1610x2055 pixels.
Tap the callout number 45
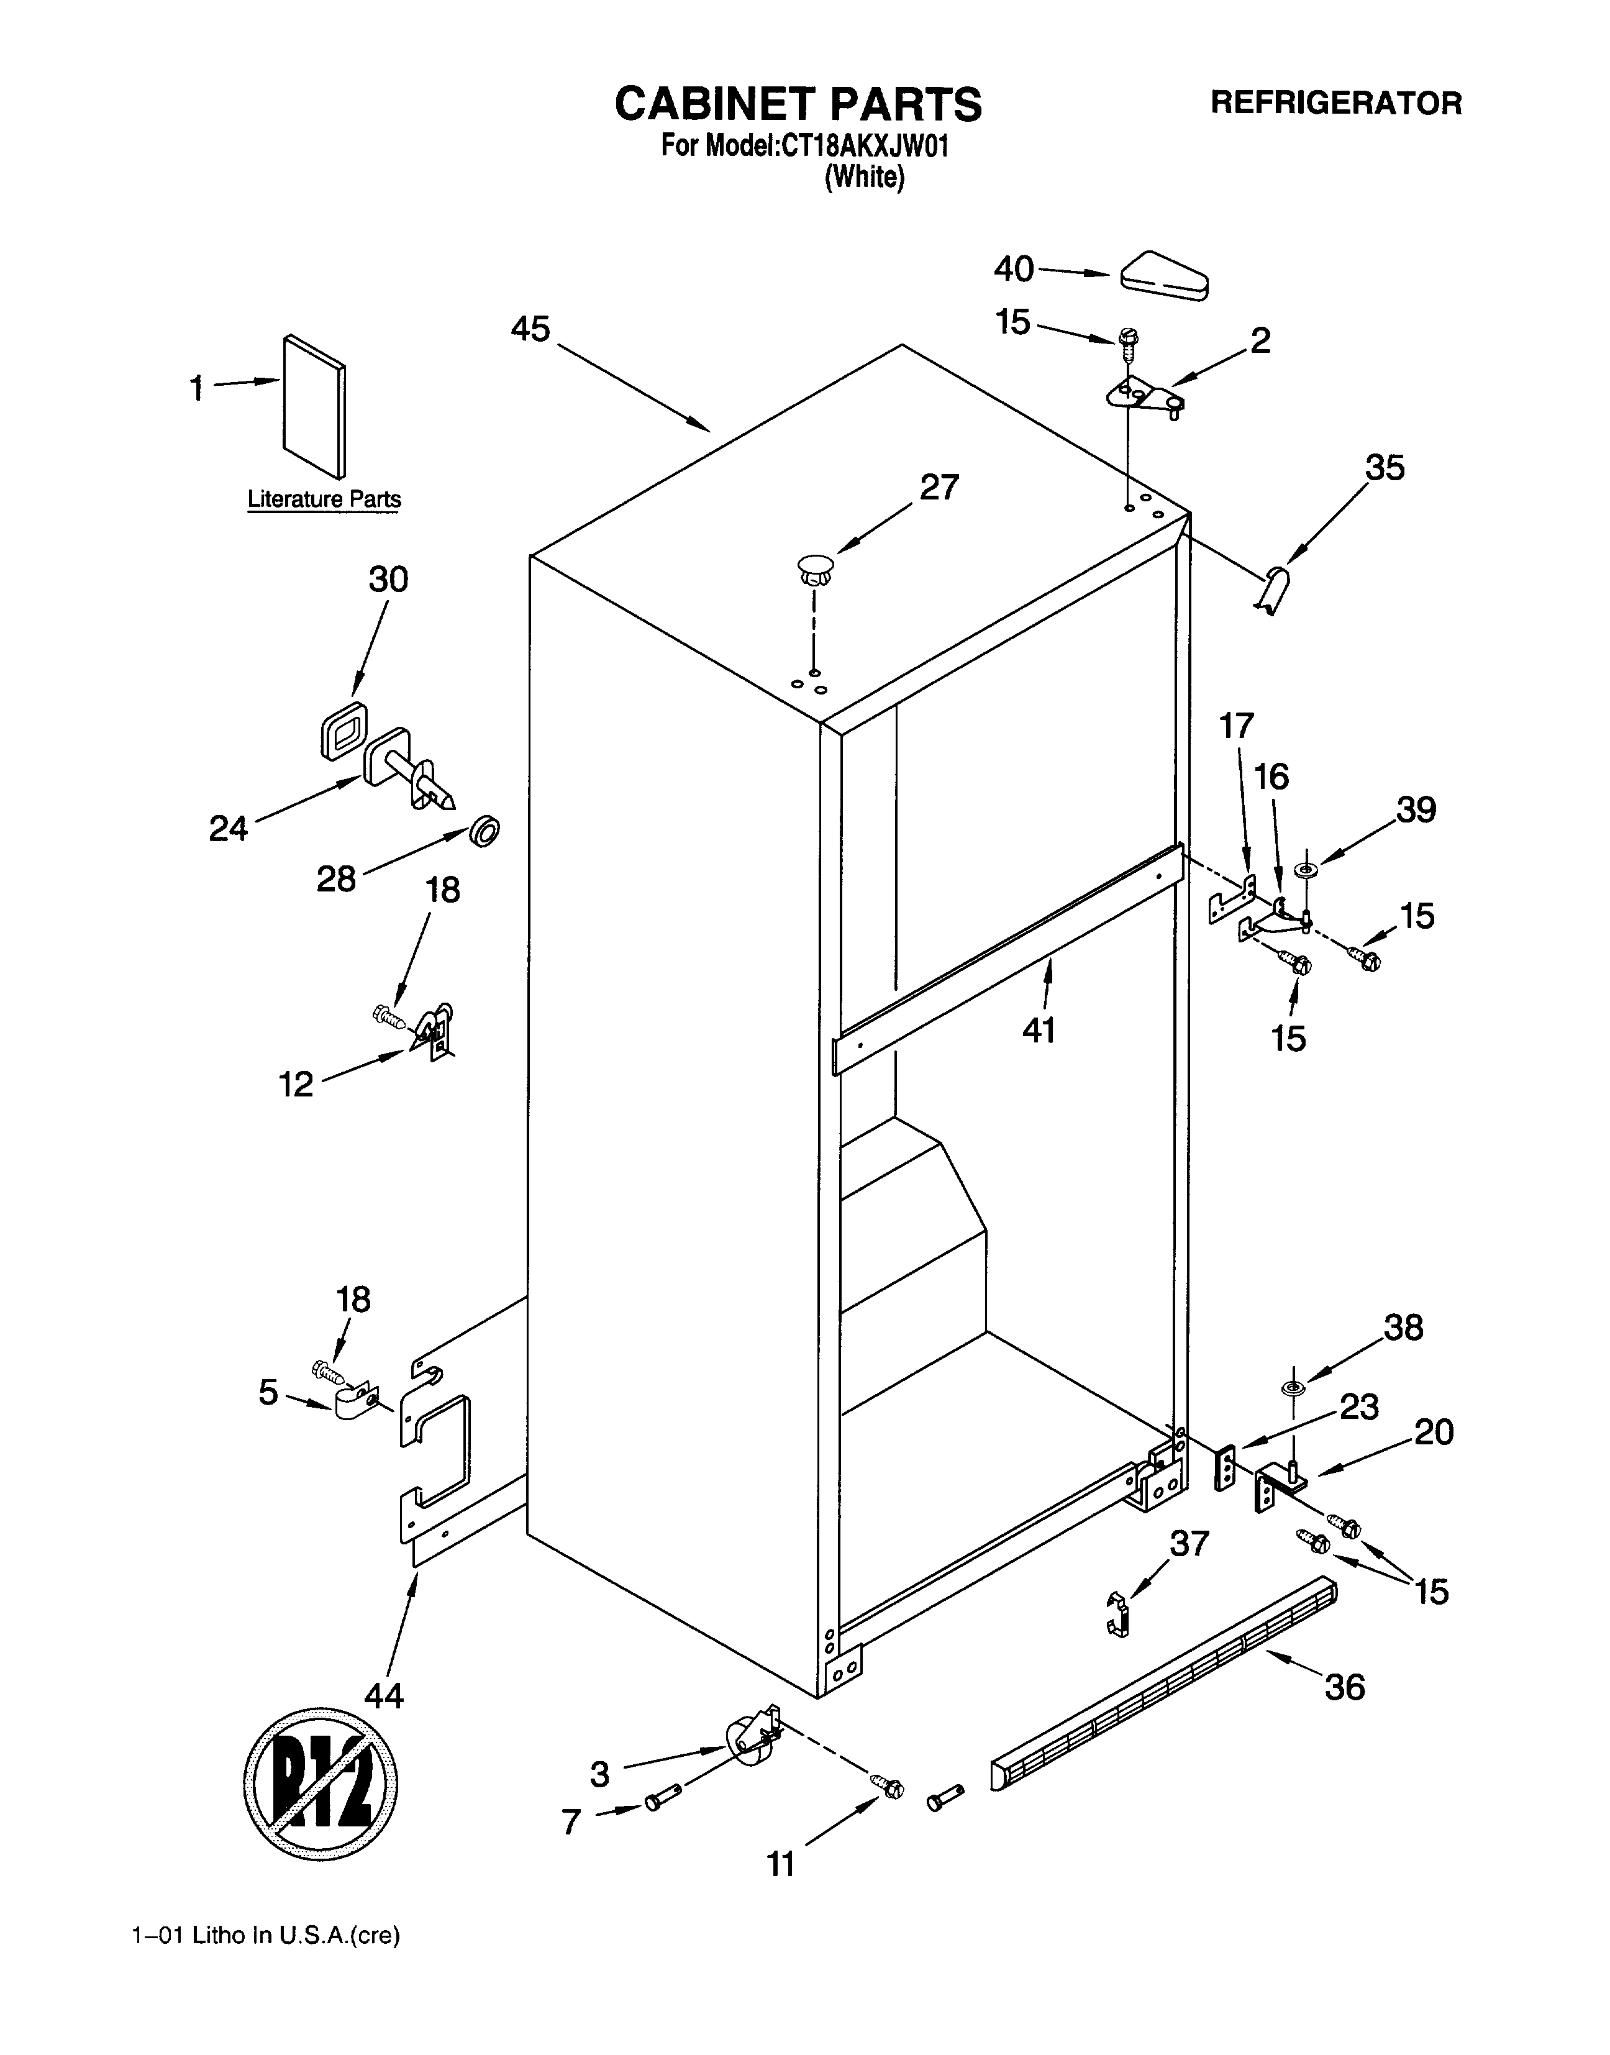(530, 329)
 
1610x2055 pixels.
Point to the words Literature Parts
(324, 499)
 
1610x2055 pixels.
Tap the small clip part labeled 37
(1116, 1615)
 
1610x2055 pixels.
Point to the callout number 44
(384, 1696)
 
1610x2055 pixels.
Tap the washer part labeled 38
(1293, 1388)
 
